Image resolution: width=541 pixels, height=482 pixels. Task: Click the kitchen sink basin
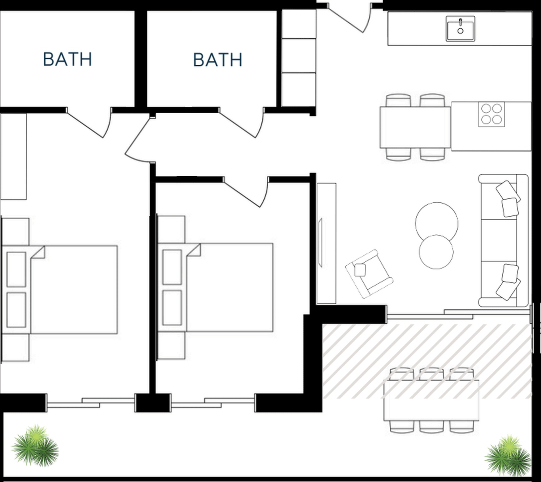tap(460, 29)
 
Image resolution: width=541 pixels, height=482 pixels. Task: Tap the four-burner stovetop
tap(491, 114)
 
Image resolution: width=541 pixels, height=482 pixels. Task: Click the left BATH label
tap(68, 59)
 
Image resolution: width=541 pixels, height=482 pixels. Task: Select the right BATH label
tap(218, 60)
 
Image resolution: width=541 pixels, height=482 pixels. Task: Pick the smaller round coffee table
tap(436, 252)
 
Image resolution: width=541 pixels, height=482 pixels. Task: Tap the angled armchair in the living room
tap(369, 274)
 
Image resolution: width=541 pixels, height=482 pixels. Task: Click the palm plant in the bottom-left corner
tap(35, 446)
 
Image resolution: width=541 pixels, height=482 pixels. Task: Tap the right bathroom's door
tap(241, 123)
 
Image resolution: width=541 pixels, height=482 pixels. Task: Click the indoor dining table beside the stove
tap(415, 127)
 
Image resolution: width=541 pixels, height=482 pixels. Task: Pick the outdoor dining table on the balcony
tap(431, 400)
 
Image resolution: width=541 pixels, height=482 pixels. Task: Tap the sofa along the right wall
tap(503, 241)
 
